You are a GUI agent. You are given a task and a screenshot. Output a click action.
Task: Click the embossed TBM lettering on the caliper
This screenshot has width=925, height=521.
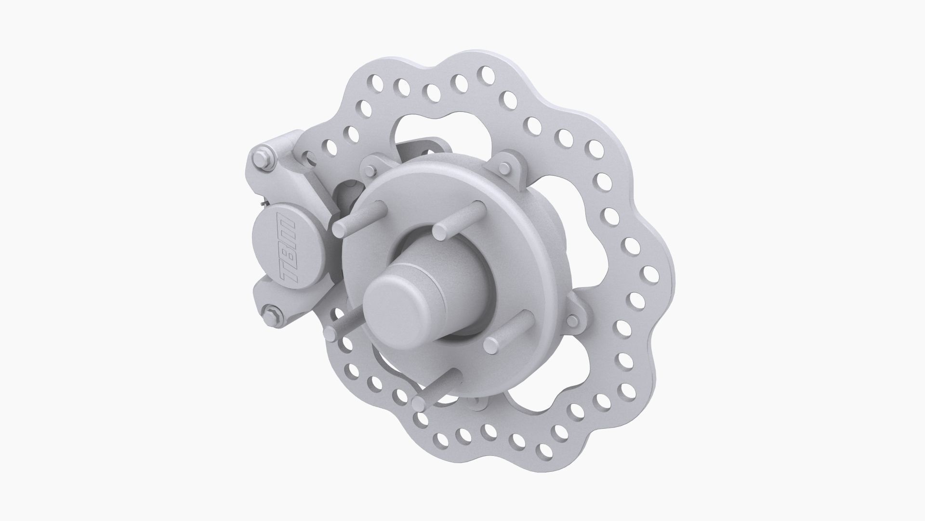click(x=290, y=251)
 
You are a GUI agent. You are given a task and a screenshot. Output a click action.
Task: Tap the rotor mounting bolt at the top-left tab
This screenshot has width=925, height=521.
click(x=370, y=169)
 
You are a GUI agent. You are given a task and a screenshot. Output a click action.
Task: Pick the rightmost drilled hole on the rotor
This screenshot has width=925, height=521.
click(x=653, y=275)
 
